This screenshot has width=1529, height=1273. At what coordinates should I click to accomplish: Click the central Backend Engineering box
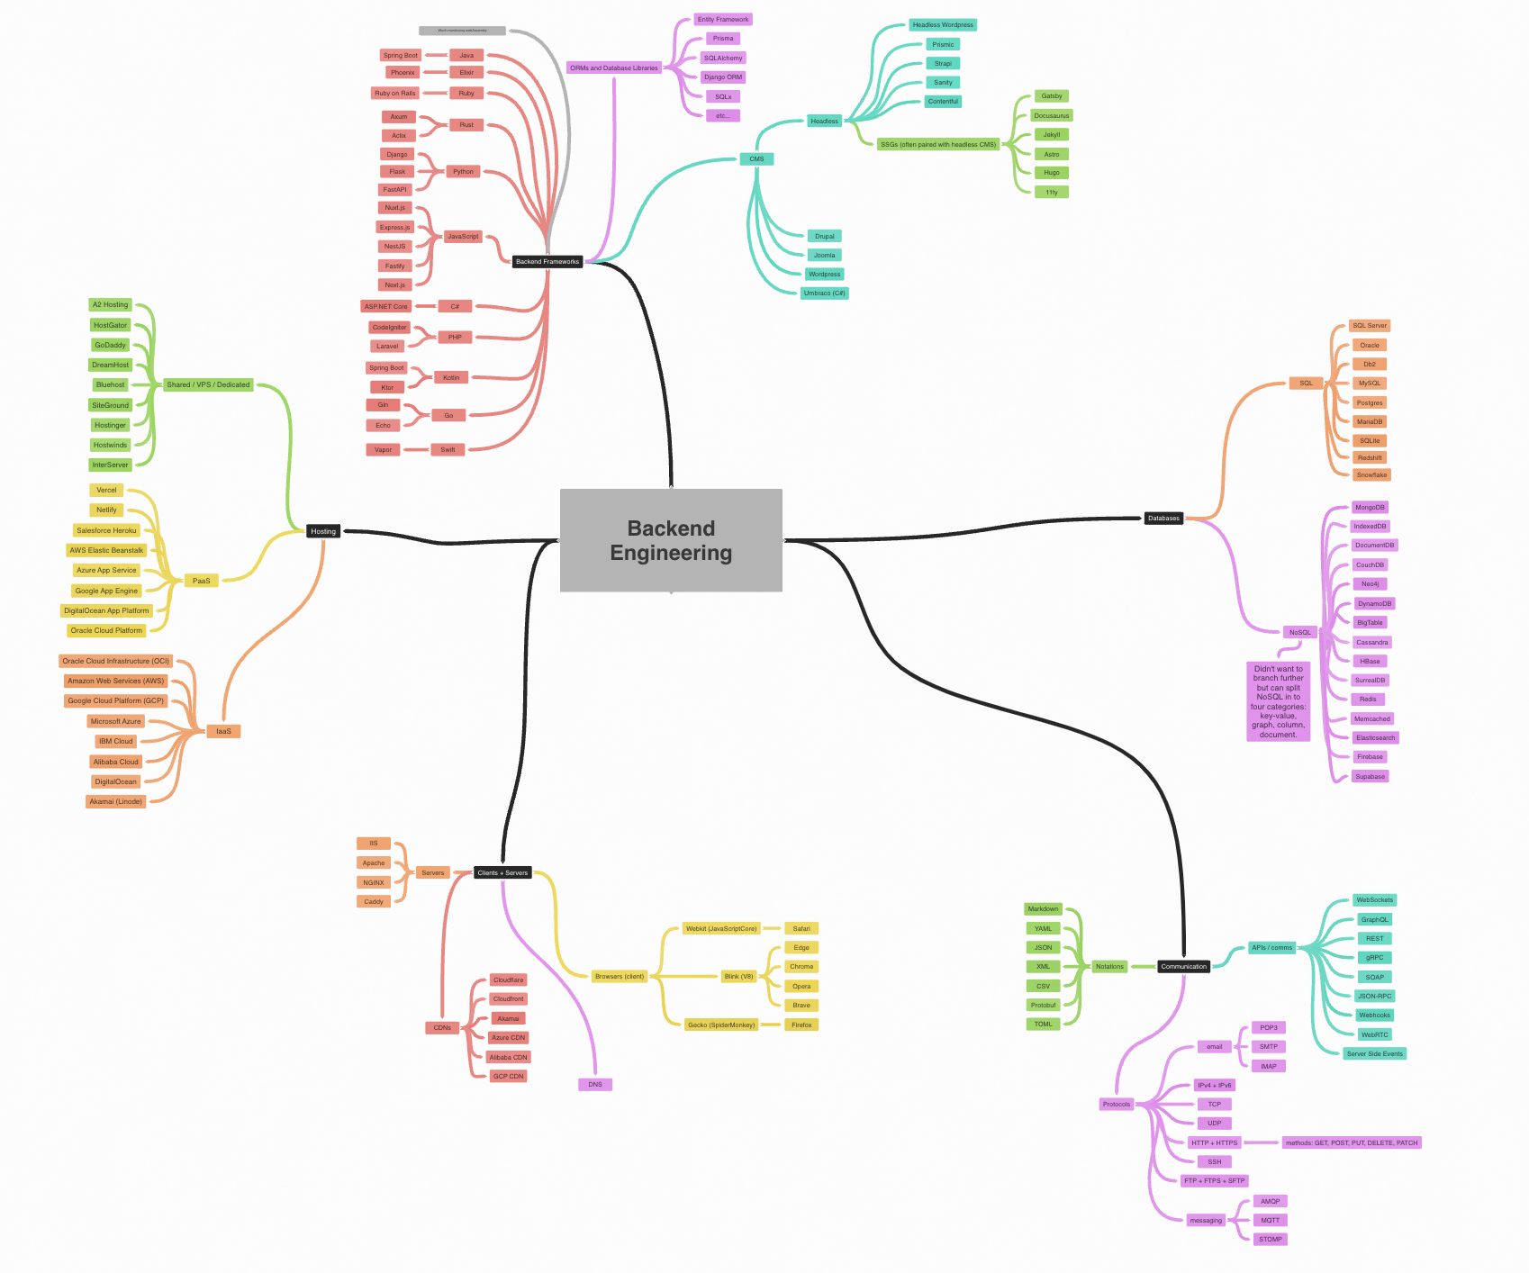pyautogui.click(x=671, y=540)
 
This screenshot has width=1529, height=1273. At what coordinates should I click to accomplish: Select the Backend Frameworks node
pyautogui.click(x=547, y=262)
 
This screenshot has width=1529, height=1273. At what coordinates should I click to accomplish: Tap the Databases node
pyautogui.click(x=1163, y=518)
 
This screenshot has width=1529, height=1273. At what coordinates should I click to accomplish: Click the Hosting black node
pyautogui.click(x=323, y=531)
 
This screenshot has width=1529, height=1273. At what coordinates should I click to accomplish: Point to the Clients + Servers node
pyautogui.click(x=502, y=872)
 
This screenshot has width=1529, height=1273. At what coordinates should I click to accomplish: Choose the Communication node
pyautogui.click(x=1183, y=966)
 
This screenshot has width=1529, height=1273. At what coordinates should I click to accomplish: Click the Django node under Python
pyautogui.click(x=397, y=154)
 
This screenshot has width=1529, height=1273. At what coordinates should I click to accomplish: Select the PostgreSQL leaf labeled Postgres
pyautogui.click(x=1370, y=402)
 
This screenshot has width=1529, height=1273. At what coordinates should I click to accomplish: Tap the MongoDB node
pyautogui.click(x=1370, y=507)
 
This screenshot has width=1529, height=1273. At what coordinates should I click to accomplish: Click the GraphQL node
pyautogui.click(x=1374, y=919)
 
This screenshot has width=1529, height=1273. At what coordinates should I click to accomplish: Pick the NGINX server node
pyautogui.click(x=374, y=882)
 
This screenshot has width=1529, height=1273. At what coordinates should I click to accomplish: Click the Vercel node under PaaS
pyautogui.click(x=106, y=490)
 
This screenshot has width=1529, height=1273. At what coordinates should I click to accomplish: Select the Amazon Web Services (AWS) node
pyautogui.click(x=116, y=681)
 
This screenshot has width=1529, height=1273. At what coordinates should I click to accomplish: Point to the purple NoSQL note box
pyautogui.click(x=1278, y=701)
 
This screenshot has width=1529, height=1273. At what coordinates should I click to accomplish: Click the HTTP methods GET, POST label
pyautogui.click(x=1351, y=1142)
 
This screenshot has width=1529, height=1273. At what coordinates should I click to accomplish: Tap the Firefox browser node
pyautogui.click(x=801, y=1025)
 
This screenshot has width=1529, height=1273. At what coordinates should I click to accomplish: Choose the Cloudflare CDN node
pyautogui.click(x=508, y=980)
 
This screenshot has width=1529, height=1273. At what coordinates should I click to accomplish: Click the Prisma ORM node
pyautogui.click(x=723, y=38)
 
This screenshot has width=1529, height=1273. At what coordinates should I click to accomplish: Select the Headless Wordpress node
pyautogui.click(x=943, y=24)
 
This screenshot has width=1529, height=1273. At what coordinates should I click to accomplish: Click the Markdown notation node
pyautogui.click(x=1043, y=908)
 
